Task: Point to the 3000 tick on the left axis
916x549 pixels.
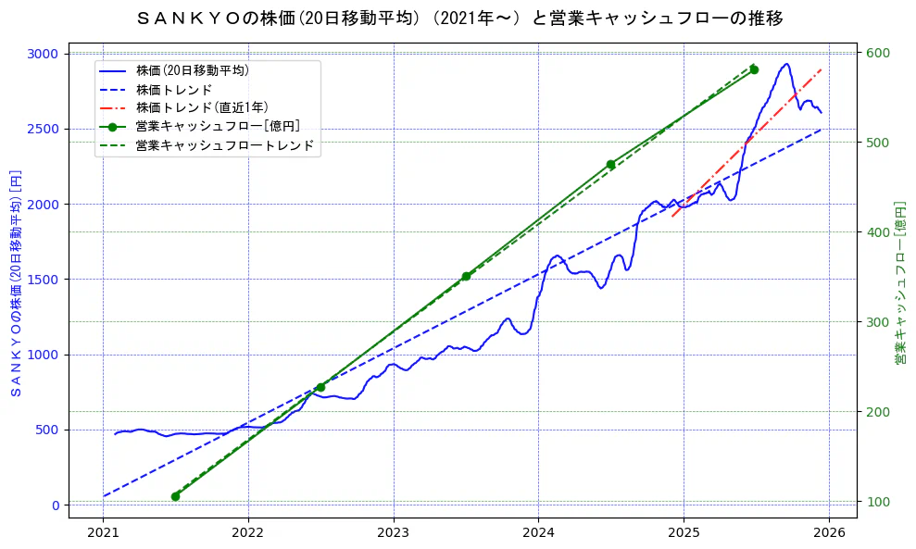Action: (x=43, y=54)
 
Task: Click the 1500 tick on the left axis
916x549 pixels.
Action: (x=43, y=279)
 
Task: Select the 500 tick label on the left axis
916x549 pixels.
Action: (x=46, y=430)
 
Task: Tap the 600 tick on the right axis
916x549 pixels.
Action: (x=876, y=53)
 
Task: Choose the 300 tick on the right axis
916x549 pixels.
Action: (x=876, y=322)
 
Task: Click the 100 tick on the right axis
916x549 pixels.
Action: (x=876, y=502)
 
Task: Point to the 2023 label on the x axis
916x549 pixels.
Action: (x=393, y=533)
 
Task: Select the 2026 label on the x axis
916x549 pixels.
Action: (x=829, y=533)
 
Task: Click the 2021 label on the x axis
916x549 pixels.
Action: (x=103, y=533)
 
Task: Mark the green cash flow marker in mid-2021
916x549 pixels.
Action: (x=175, y=496)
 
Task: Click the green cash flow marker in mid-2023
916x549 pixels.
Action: (x=466, y=276)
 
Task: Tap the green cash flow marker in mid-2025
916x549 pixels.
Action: (x=754, y=69)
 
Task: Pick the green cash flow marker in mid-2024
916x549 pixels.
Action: (x=610, y=164)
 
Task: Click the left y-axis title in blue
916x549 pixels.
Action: (x=15, y=283)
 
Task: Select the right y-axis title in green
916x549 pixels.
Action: (x=899, y=283)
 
